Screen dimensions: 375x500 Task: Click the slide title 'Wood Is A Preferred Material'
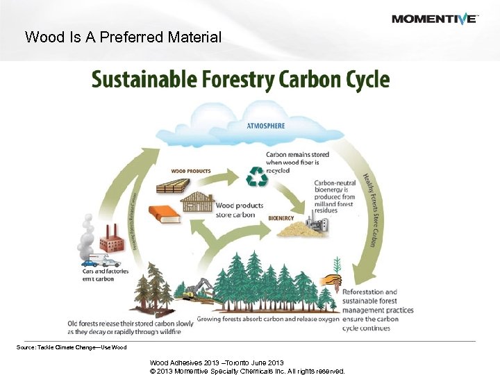click(x=123, y=37)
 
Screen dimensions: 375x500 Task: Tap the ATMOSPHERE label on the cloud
click(x=266, y=126)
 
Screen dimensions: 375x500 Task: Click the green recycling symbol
click(x=258, y=176)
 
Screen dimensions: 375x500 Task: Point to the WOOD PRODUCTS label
click(x=191, y=171)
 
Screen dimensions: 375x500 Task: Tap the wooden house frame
click(x=197, y=203)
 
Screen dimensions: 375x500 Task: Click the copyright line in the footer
click(x=247, y=371)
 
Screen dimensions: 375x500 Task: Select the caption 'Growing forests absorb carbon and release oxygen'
click(x=267, y=319)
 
